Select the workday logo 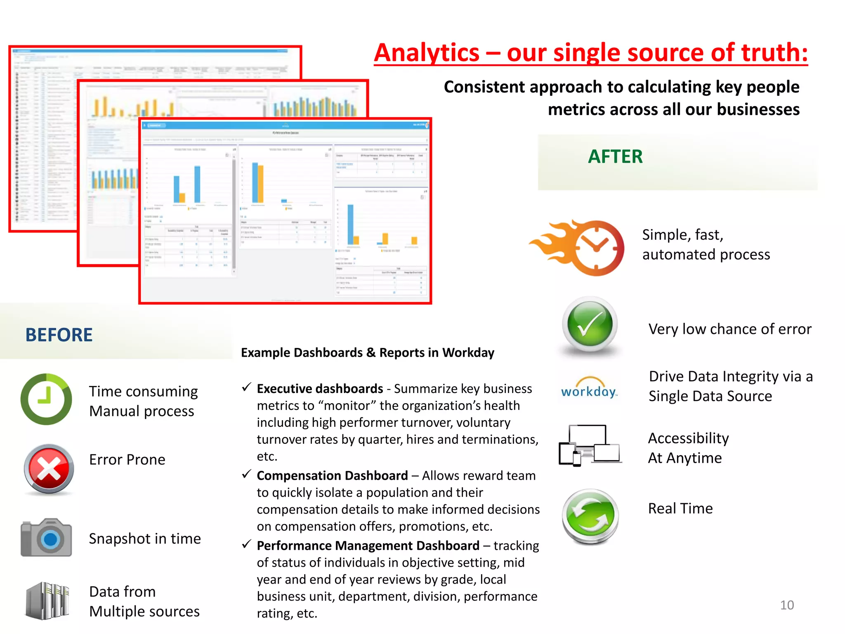pyautogui.click(x=589, y=388)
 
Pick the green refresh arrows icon pyautogui.click(x=590, y=516)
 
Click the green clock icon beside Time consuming pyautogui.click(x=46, y=399)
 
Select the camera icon pyautogui.click(x=46, y=537)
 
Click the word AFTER pyautogui.click(x=615, y=157)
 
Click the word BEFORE pyautogui.click(x=59, y=335)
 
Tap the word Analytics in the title pyautogui.click(x=427, y=53)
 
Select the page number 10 pyautogui.click(x=786, y=605)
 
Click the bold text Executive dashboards pyautogui.click(x=320, y=389)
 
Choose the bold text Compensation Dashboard pyautogui.click(x=332, y=476)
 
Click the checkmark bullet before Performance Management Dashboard pyautogui.click(x=246, y=544)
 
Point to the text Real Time pyautogui.click(x=680, y=509)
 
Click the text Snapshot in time pyautogui.click(x=145, y=539)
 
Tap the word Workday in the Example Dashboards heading pyautogui.click(x=468, y=353)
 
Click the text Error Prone pyautogui.click(x=127, y=460)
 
